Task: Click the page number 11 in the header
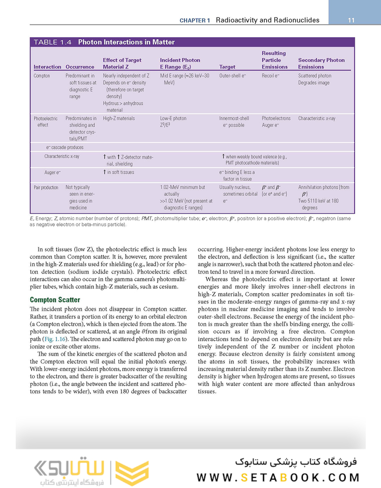pos(351,20)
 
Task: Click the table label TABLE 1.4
pos(52,42)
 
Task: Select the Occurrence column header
pos(80,67)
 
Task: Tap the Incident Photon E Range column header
pos(180,63)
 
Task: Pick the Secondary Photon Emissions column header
pos(321,63)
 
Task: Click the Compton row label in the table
pos(42,76)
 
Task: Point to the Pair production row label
pos(46,188)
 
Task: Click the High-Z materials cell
pos(119,118)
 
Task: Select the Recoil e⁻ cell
pos(271,76)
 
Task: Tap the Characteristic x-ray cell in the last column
pos(317,118)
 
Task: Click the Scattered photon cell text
pos(315,76)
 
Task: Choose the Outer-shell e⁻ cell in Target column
pos(232,76)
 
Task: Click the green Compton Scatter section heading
pos(55,300)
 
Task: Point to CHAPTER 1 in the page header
pos(194,20)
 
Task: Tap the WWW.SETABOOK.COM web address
pos(279,478)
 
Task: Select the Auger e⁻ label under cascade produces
pos(52,173)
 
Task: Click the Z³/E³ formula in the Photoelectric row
pos(166,125)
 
